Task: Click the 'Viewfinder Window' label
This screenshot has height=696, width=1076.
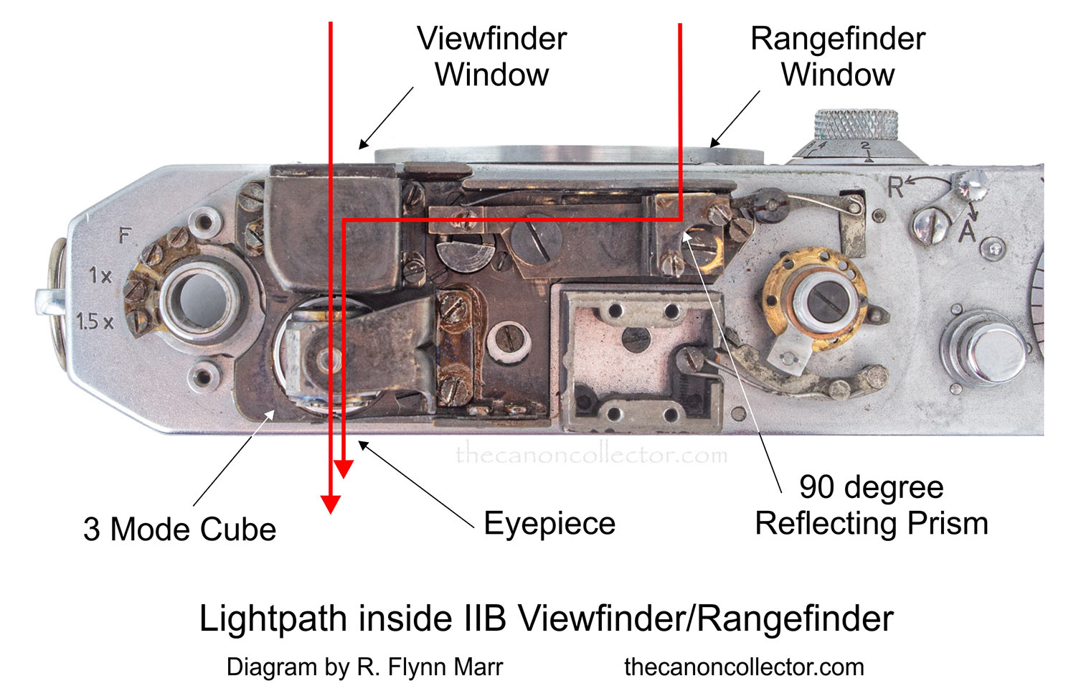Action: [x=491, y=57]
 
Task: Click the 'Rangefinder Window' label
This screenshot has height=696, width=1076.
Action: [x=837, y=57]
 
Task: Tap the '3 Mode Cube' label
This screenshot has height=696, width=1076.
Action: [x=179, y=530]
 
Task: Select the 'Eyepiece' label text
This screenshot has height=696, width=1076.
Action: [x=549, y=523]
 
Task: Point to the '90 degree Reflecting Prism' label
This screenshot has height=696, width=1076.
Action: [x=871, y=505]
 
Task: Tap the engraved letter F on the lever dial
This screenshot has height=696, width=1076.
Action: [x=126, y=235]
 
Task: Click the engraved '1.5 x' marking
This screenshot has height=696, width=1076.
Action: [x=95, y=321]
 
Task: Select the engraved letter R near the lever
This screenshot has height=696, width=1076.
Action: [x=896, y=187]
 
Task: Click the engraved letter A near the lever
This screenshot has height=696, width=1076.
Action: [x=968, y=231]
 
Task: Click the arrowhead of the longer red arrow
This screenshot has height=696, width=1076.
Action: [x=331, y=504]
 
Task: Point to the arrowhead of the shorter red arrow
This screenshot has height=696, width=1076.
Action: [x=344, y=469]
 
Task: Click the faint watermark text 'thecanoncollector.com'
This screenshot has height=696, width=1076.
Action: [x=591, y=454]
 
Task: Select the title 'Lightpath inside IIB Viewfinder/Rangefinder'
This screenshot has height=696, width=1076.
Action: [x=546, y=619]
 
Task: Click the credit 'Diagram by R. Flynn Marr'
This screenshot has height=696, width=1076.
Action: [x=364, y=667]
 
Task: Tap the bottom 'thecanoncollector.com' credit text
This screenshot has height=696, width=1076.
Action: [x=744, y=667]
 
